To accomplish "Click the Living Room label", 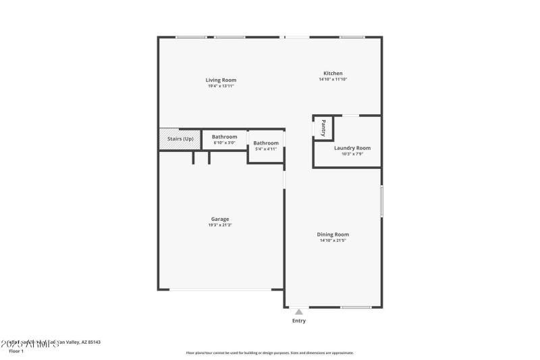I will coord(221,80).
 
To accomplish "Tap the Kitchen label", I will coord(333,73).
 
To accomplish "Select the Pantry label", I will coord(323,128).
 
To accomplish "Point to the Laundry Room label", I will coord(352,148).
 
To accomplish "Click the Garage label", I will coord(220,219).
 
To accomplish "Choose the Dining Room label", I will coord(333,234).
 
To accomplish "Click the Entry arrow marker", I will coord(298,312).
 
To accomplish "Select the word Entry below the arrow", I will coord(298,321).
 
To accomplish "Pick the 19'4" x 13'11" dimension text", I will coord(221,86).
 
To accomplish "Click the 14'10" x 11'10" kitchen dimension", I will coord(333,79).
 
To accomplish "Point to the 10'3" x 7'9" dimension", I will coord(352,154).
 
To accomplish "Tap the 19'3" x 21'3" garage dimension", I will coord(220,225).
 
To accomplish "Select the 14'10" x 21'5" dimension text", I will coord(333,240).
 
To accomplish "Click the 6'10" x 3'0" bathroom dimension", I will coord(225,143).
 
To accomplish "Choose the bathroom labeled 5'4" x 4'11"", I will coord(266,146).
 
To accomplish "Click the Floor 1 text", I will coord(16,351).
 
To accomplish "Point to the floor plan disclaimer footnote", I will coord(269,353).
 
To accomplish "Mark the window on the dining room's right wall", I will coord(381,201).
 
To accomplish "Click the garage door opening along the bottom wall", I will coord(220,290).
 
